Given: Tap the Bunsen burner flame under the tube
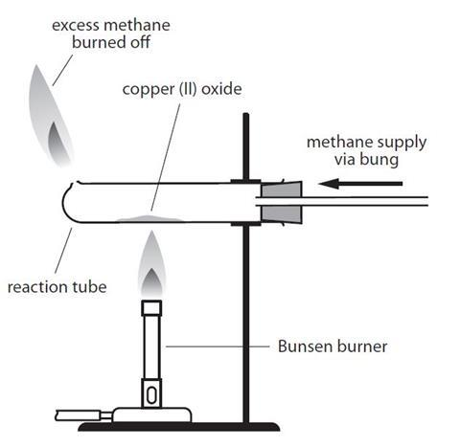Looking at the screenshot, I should [150, 265].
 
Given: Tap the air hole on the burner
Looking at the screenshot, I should [151, 392].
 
